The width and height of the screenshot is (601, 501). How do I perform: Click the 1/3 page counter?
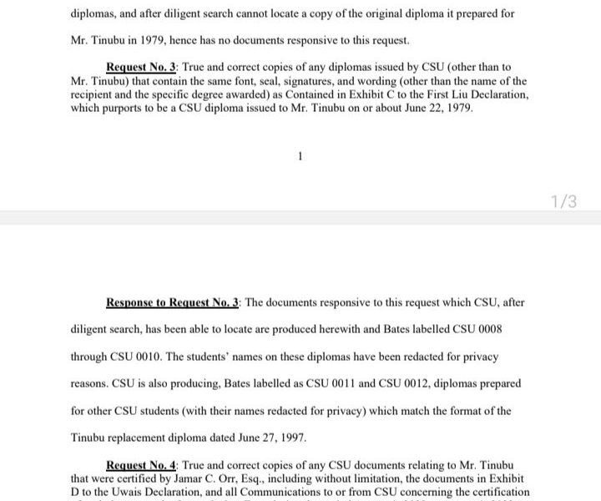click(564, 200)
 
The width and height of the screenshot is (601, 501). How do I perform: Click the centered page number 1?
click(299, 155)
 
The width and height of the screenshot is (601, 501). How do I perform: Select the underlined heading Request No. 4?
click(140, 464)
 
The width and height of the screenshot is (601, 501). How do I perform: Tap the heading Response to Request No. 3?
click(174, 302)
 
